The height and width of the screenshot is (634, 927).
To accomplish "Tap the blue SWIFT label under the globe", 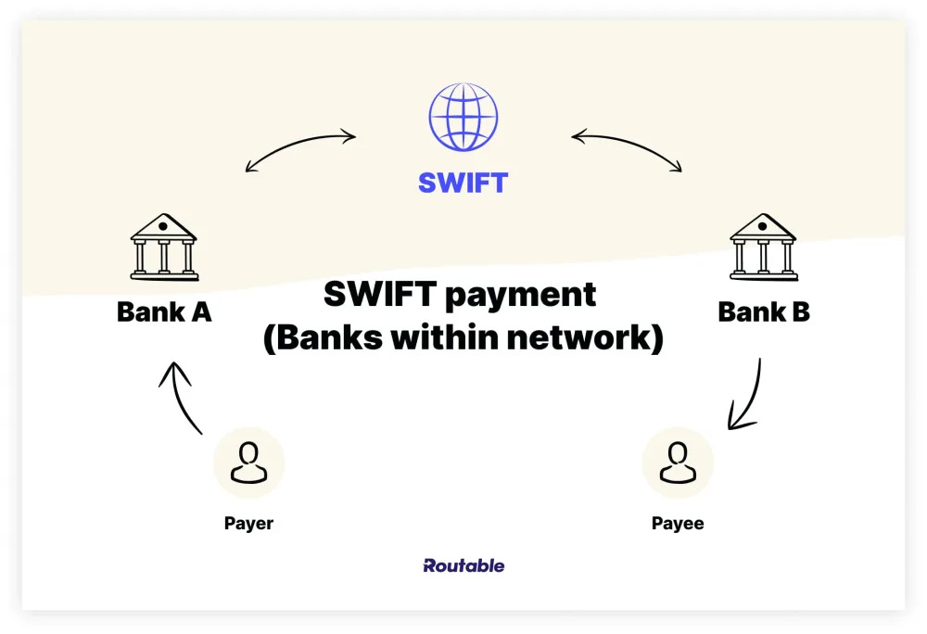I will pos(463,182).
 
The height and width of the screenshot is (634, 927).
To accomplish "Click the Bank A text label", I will pos(164,311).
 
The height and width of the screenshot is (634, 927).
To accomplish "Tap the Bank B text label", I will pos(764,311).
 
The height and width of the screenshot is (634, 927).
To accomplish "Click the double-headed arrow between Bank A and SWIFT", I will pos(299,148).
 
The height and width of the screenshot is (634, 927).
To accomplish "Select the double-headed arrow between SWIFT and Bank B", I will pos(628,148).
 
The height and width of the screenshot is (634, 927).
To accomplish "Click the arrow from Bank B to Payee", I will pos(747,395).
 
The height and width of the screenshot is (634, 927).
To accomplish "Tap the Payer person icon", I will pos(248,463).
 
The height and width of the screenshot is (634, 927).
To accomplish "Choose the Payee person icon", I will pos(678,463).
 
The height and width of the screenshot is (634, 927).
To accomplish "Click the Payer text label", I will pos(248,524).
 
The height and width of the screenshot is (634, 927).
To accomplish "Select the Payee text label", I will pos(678,524).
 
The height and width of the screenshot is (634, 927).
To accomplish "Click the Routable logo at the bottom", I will pos(463,565).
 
